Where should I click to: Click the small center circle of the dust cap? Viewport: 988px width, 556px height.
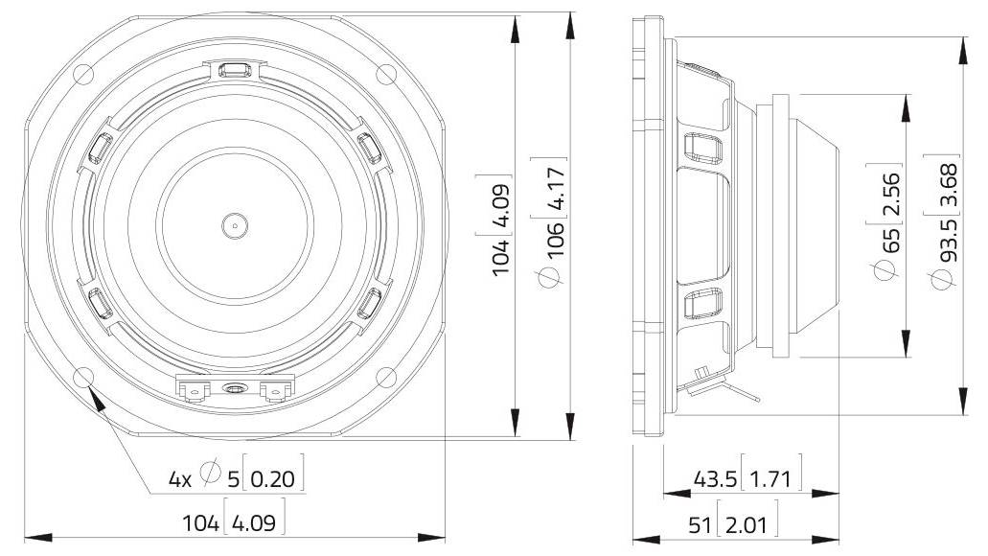(234, 226)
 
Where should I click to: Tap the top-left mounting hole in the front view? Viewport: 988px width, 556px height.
(82, 73)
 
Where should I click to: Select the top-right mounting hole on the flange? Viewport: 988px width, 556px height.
(386, 73)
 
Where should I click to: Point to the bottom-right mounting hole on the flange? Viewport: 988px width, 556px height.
(386, 377)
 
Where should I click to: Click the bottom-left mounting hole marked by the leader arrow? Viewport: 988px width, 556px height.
(82, 377)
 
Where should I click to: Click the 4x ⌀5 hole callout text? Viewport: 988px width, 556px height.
(236, 478)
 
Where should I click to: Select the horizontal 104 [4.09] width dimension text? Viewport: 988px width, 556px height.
(235, 524)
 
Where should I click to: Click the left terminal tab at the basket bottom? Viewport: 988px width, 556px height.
(195, 389)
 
